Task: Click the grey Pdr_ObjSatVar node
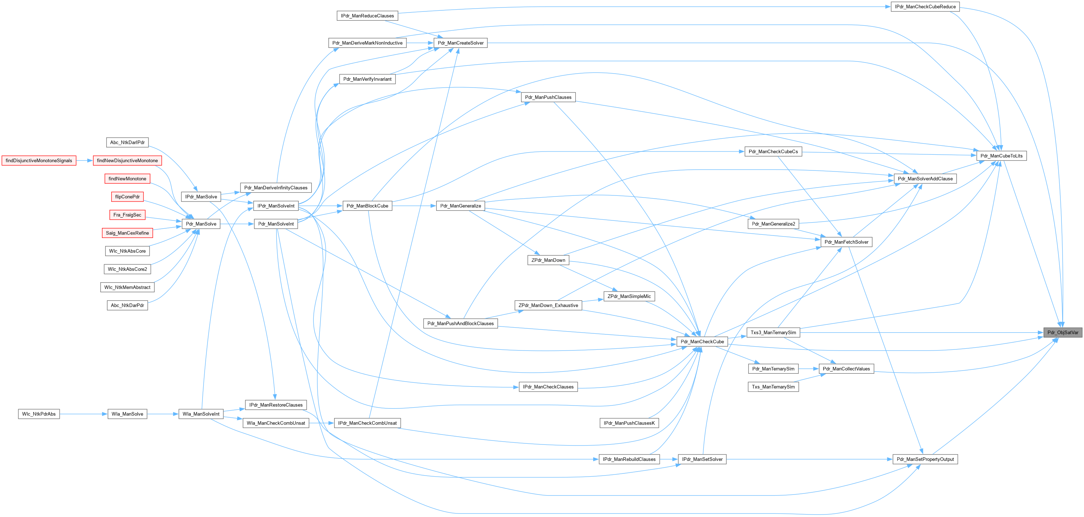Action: pos(1063,333)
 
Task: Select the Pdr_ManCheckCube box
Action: pos(702,342)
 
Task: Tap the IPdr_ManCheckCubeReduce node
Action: pos(925,7)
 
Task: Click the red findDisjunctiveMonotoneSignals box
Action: pos(39,160)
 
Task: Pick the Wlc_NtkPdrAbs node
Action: pos(39,414)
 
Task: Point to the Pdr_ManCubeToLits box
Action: pos(1001,156)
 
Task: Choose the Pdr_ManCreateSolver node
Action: pos(460,43)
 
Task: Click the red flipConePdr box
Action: pos(127,197)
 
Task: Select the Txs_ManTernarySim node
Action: pos(773,387)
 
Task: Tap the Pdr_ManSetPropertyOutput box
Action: pos(925,459)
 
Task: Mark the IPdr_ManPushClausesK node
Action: pos(629,423)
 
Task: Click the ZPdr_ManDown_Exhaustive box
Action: pos(548,305)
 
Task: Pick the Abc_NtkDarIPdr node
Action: pos(127,143)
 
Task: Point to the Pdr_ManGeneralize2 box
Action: pos(773,224)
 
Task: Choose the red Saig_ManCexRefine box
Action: pos(127,233)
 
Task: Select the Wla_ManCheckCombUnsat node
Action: pos(275,423)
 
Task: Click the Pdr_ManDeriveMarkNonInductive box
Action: pos(367,43)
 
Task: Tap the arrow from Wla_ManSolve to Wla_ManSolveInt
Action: pos(163,414)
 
